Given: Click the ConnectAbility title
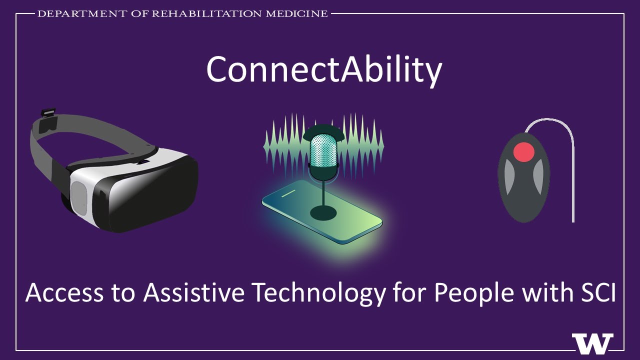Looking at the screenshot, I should (324, 69).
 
